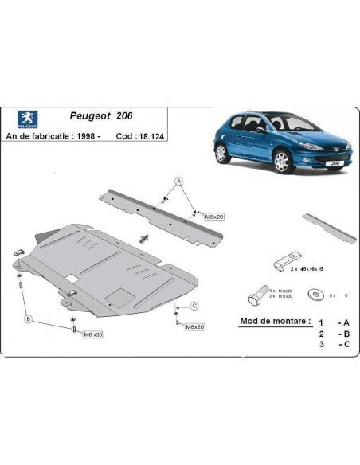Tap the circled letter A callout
point(178,182)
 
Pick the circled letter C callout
point(194,307)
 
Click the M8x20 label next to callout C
point(196,326)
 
